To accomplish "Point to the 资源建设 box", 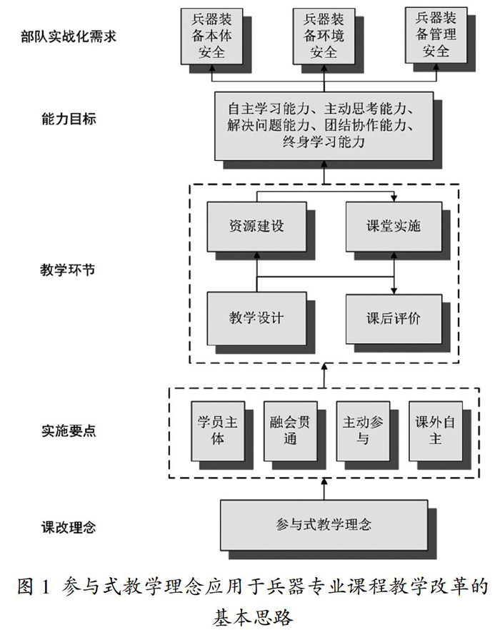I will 256,227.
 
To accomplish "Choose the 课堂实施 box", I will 393,227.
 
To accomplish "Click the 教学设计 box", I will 256,317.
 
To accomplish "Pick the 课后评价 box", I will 393,317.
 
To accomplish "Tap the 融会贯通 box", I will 289,430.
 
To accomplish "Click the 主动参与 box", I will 363,430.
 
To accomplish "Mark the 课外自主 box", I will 434,430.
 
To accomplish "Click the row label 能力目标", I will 69,119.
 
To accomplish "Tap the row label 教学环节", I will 69,271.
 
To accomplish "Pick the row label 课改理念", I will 69,528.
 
